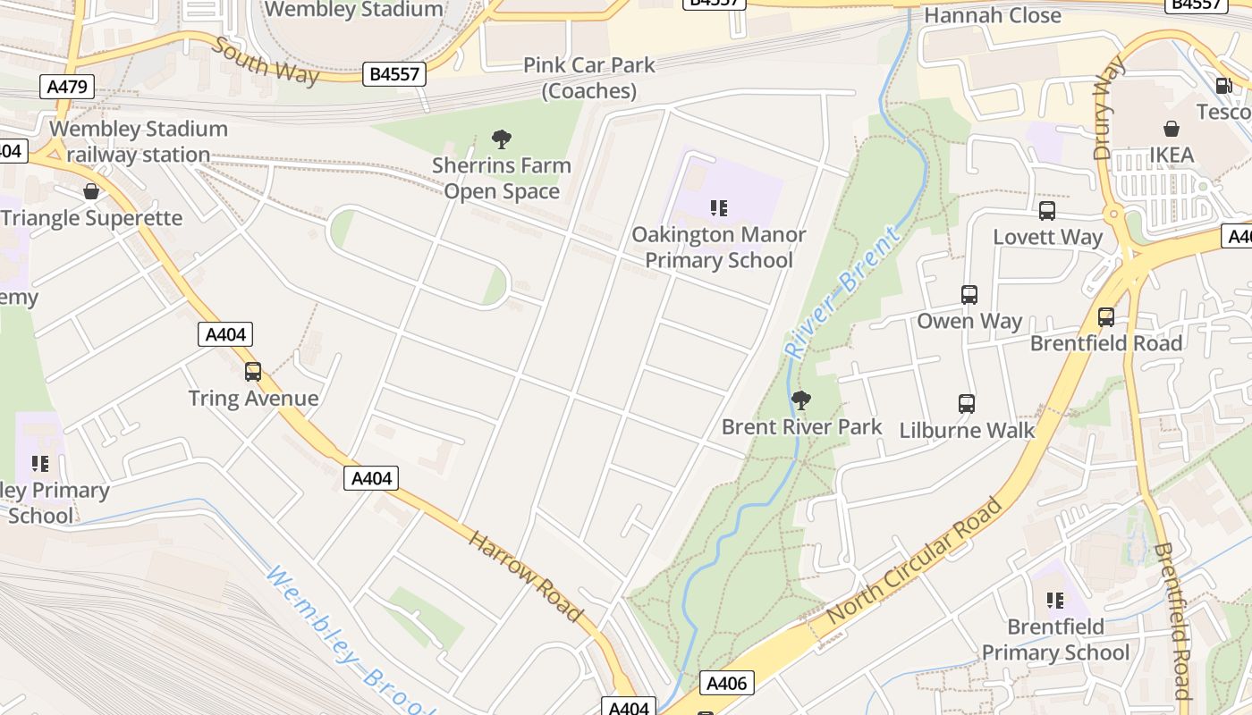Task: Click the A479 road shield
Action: point(67,87)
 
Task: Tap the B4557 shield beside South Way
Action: point(394,74)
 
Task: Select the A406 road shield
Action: point(725,684)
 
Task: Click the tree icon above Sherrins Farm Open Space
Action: point(502,139)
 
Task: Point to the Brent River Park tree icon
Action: point(801,400)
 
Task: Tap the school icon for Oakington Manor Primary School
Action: point(719,208)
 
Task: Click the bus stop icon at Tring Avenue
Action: point(253,372)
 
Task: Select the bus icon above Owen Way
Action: point(969,295)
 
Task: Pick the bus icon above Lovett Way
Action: point(1047,212)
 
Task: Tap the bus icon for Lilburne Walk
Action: point(967,404)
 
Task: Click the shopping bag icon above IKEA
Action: point(1172,130)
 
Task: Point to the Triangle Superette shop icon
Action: point(90,192)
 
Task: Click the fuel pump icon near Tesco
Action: point(1223,86)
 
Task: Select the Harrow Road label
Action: point(526,576)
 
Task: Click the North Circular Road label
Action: point(914,562)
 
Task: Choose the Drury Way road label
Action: point(1109,107)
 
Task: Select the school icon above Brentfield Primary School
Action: point(1055,601)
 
